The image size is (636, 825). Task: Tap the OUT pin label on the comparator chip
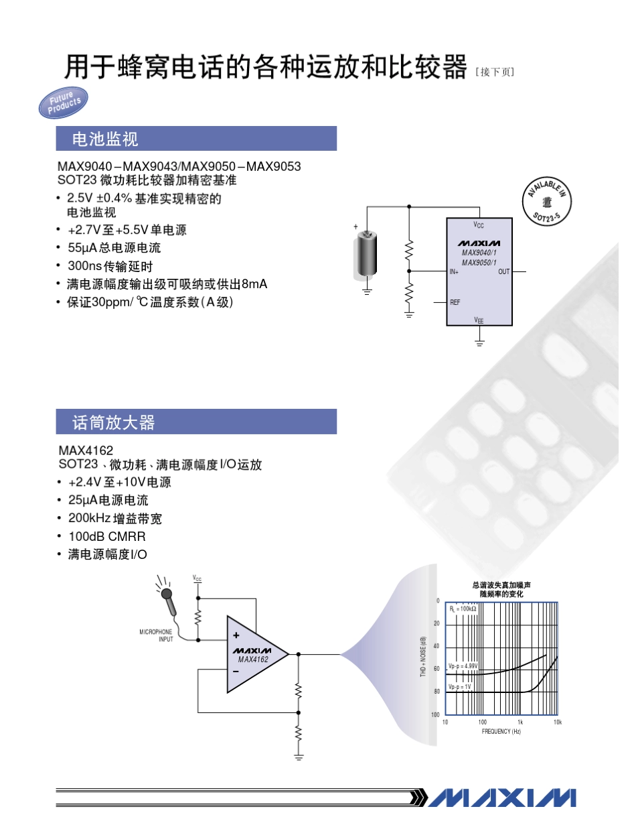[503, 271]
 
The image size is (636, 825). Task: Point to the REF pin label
[455, 303]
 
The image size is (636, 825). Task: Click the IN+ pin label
[455, 271]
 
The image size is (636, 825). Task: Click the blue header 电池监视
[196, 139]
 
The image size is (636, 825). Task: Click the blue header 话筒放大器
[196, 422]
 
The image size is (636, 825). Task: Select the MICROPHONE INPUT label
[156, 635]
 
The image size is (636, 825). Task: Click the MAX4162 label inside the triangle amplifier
[252, 659]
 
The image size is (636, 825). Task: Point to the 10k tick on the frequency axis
[558, 722]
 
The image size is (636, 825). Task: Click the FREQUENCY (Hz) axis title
[501, 731]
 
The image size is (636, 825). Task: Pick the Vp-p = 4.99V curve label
[463, 666]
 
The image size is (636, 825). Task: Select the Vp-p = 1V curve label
[460, 687]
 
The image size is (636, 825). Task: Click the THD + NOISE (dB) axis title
[424, 657]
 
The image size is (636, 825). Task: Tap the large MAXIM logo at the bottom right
[502, 797]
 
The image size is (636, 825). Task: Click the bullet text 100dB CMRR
[107, 536]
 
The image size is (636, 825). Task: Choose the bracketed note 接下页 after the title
[495, 72]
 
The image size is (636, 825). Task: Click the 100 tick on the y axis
[435, 714]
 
